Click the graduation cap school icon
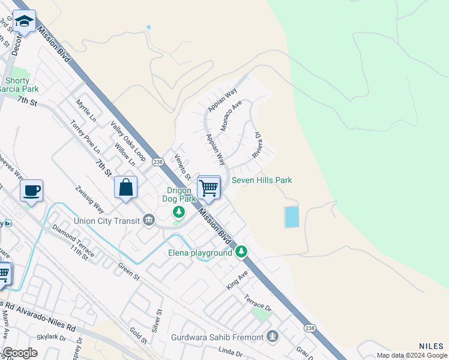click(24, 22)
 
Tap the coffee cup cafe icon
click(31, 191)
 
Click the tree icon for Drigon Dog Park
click(178, 212)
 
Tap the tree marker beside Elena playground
click(241, 251)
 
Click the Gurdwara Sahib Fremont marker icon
click(273, 337)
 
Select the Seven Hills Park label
click(262, 180)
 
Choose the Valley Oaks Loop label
click(128, 141)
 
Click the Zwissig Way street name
click(89, 199)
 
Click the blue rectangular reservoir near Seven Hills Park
click(291, 217)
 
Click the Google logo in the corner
click(20, 353)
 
